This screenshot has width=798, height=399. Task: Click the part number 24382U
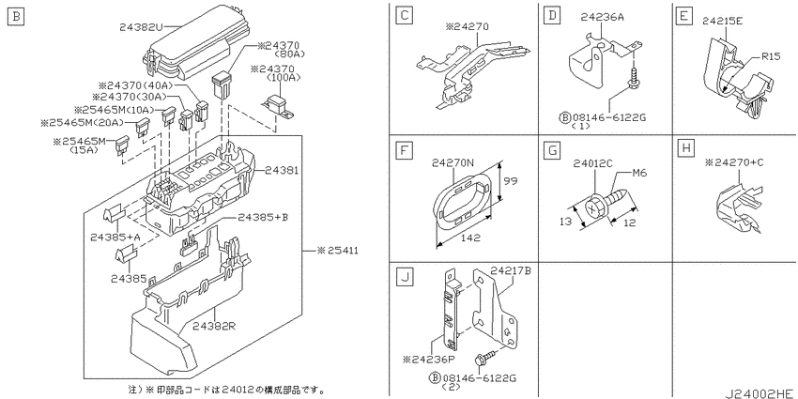tap(141, 26)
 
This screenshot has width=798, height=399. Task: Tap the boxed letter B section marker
tap(16, 18)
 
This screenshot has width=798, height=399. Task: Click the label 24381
tap(282, 170)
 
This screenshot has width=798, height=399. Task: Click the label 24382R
tap(214, 326)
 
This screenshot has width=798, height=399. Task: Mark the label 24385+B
tap(263, 217)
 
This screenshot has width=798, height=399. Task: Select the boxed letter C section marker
tap(405, 15)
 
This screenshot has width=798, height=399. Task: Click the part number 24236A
tap(603, 18)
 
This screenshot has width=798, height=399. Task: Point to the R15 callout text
tap(771, 56)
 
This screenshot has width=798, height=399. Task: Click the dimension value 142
tap(469, 238)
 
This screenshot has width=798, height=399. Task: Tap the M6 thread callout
tap(638, 173)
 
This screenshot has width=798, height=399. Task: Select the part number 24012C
tap(592, 163)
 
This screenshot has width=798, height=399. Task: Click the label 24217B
tap(511, 270)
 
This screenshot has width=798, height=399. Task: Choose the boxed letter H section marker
tap(686, 148)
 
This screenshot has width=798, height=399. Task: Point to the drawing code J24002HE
tap(760, 393)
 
